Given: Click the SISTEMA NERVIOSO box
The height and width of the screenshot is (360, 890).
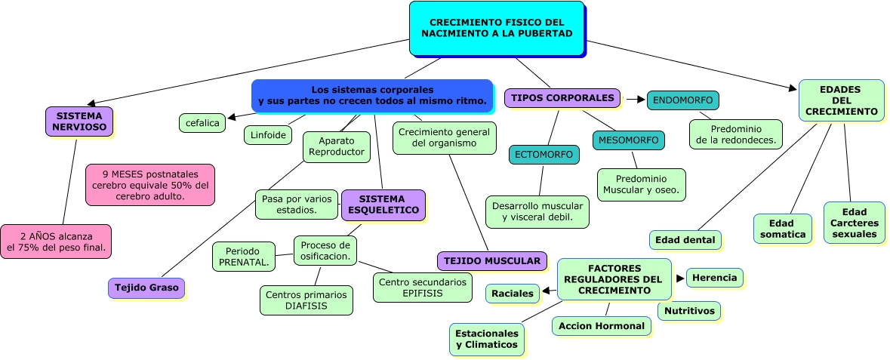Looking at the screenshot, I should pos(79,122).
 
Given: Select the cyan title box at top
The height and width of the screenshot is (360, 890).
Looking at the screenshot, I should pos(497,28).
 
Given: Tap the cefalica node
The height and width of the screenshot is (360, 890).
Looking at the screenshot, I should pos(202,122).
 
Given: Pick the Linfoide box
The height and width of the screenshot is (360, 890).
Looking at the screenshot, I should pos(267,135).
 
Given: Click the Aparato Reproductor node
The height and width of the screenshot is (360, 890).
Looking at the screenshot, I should pos(336,146).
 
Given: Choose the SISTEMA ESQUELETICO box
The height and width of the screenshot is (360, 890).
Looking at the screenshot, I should pos(383,204).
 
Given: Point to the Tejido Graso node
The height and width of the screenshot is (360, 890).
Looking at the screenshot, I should pos(146,288).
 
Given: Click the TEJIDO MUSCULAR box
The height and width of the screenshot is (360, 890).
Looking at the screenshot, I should pos(491,261).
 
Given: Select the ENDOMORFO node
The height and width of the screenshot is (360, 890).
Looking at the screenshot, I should pos(682,100).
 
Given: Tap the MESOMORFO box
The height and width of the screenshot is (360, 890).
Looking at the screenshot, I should pos(628,140).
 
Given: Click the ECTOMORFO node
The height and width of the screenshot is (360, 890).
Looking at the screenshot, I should pos(544,155).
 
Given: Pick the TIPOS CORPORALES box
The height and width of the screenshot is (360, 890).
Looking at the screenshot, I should pos(562,98).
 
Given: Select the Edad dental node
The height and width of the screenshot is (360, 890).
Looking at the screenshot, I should pos(685,240).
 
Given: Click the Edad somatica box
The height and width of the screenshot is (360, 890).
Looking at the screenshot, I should pos(782,229).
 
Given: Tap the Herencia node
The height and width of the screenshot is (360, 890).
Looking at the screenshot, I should pos(713,278).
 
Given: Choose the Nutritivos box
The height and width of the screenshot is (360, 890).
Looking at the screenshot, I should pos(688,310).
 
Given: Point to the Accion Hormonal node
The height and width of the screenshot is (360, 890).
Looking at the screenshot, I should pos(601,326).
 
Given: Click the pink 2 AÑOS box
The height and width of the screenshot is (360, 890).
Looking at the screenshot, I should pos(56,242).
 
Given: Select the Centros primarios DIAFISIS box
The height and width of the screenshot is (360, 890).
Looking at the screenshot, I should pos(306,300).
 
